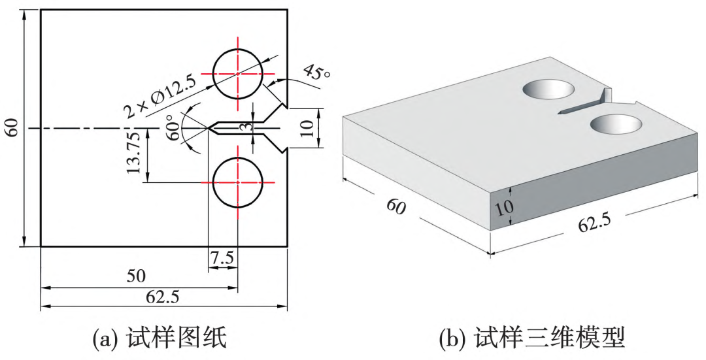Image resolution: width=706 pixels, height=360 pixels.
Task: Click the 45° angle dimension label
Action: point(316,71)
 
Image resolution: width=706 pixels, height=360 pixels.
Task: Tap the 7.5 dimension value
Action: point(222,258)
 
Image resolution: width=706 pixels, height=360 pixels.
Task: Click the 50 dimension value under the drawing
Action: point(137,275)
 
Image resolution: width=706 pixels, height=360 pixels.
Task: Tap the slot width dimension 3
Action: point(244,129)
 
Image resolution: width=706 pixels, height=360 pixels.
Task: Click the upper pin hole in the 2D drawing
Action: point(238,74)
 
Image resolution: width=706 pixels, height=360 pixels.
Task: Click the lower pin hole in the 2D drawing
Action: point(238,182)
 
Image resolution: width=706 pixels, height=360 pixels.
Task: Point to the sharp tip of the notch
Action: point(209,128)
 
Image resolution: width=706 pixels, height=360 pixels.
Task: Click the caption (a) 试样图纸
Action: point(161,338)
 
